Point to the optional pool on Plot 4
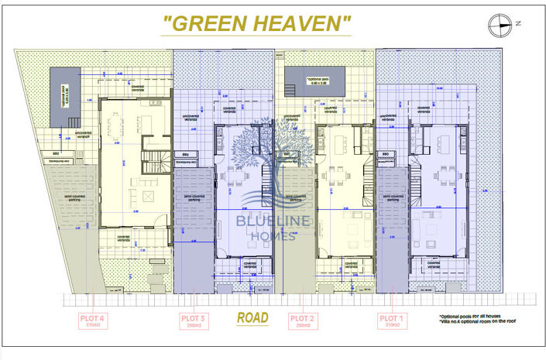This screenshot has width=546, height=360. pyautogui.click(x=65, y=96)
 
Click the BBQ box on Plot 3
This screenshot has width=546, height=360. pyautogui.click(x=184, y=154)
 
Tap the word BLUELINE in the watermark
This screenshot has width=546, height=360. pyautogui.click(x=256, y=225)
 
